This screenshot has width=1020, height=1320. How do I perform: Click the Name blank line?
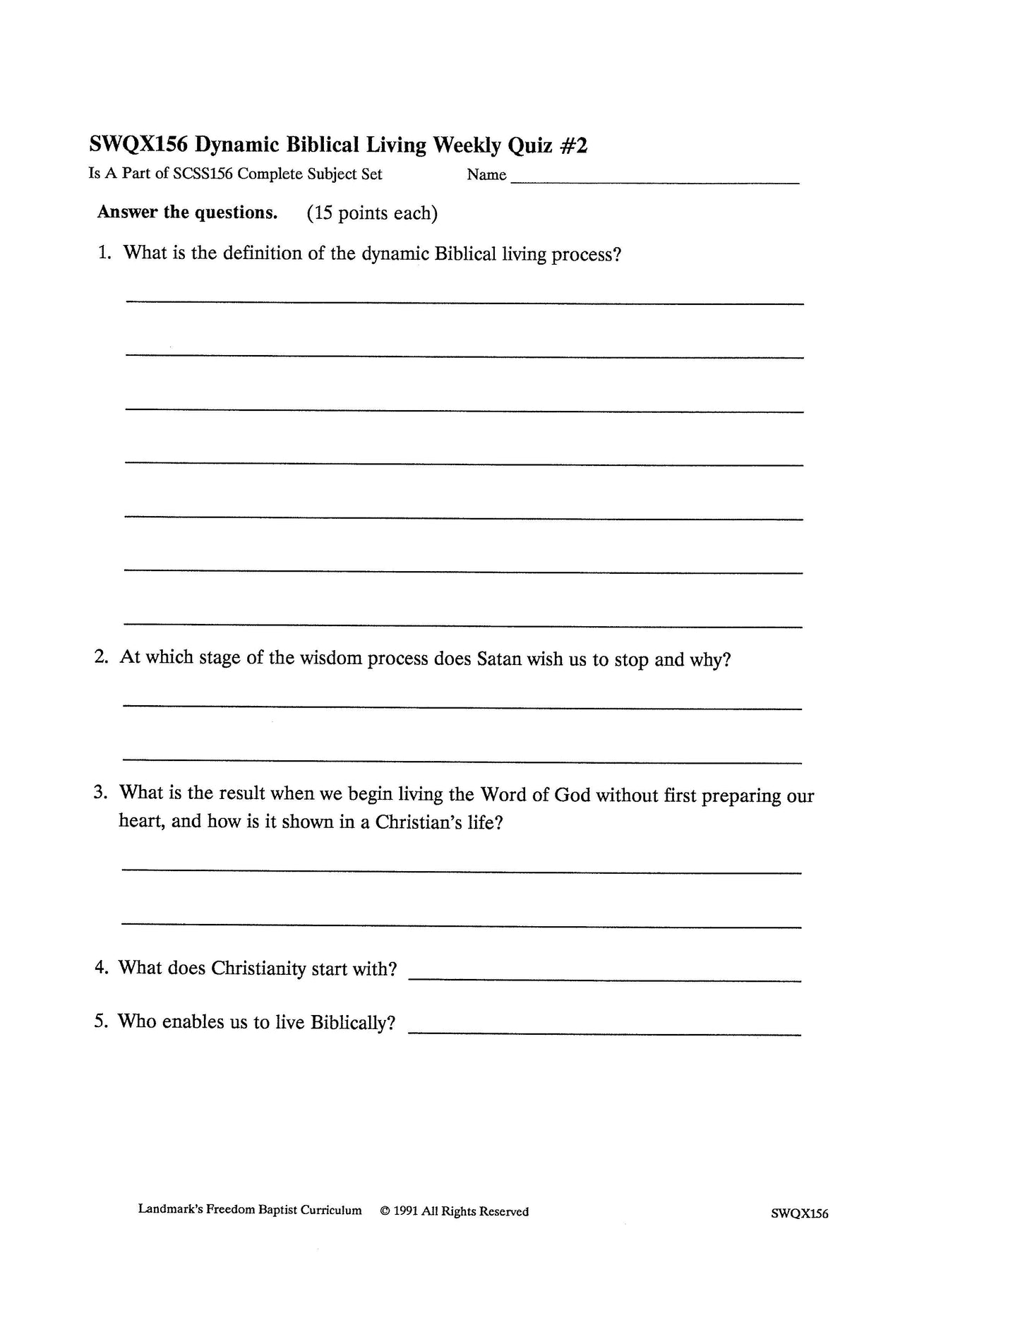[654, 182]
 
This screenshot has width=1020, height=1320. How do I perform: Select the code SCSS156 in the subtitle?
[203, 174]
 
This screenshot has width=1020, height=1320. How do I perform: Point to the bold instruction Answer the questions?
[187, 212]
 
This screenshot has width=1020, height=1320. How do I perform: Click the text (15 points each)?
[372, 213]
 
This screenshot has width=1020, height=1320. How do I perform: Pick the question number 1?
[104, 253]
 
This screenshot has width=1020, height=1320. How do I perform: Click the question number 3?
[100, 793]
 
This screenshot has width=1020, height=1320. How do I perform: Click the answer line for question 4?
[605, 980]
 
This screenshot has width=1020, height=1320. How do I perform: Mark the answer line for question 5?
[605, 1034]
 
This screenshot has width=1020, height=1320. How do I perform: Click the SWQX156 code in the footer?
[800, 1214]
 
